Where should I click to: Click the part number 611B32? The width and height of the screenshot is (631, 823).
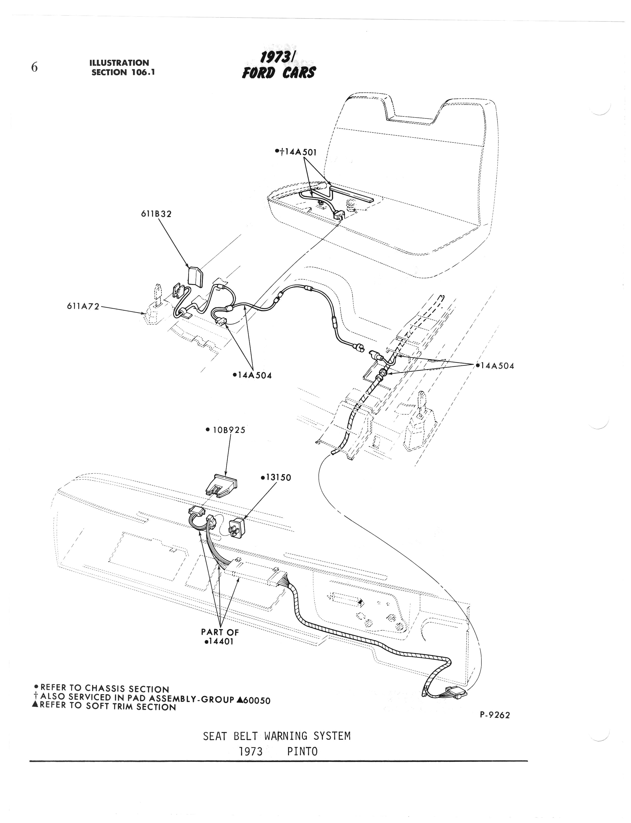(156, 214)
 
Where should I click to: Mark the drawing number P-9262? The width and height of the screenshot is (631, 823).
(495, 715)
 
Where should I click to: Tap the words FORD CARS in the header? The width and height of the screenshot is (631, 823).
(279, 72)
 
